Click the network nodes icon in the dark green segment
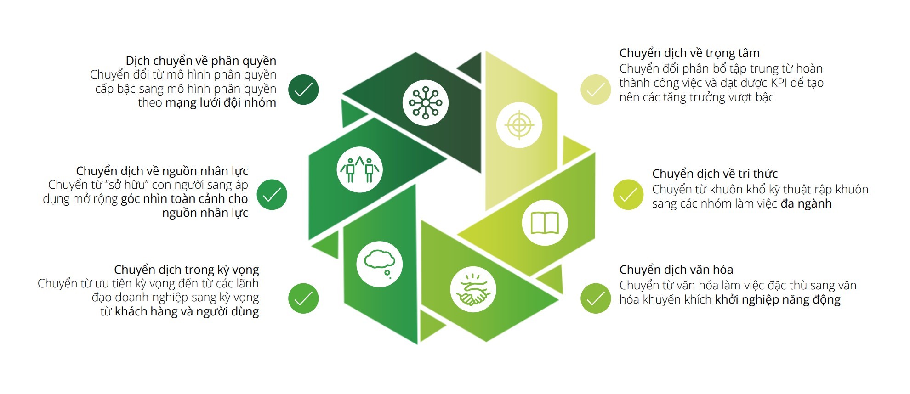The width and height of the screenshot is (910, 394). pos(426,103)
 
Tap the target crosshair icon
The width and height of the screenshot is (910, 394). pos(519,125)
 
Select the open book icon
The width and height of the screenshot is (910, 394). pos(545,223)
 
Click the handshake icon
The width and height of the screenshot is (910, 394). pos(473,290)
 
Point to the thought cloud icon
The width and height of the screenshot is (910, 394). pos(380,264)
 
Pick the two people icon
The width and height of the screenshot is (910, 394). pos(360,169)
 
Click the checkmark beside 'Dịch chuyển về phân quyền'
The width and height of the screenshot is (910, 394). pos(303,90)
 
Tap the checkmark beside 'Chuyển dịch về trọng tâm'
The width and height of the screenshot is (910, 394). pos(596,90)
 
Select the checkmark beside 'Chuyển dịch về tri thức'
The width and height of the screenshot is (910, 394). pos(628,195)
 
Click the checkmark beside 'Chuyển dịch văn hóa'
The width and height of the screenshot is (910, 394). pos(596,298)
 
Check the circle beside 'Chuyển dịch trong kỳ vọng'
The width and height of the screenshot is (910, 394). pos(303,298)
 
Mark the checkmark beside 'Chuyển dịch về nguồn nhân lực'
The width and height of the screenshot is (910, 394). pos(272,195)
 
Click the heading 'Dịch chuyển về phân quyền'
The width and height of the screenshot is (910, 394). pos(201,61)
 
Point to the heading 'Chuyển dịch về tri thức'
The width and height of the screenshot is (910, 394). pos(715,174)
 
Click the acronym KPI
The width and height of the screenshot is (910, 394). pos(778,83)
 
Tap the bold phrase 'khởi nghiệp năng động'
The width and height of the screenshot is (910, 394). pos(778,300)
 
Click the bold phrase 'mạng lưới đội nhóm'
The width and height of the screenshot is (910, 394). pos(221,103)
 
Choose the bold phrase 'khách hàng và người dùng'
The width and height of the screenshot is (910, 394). pos(187,312)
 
